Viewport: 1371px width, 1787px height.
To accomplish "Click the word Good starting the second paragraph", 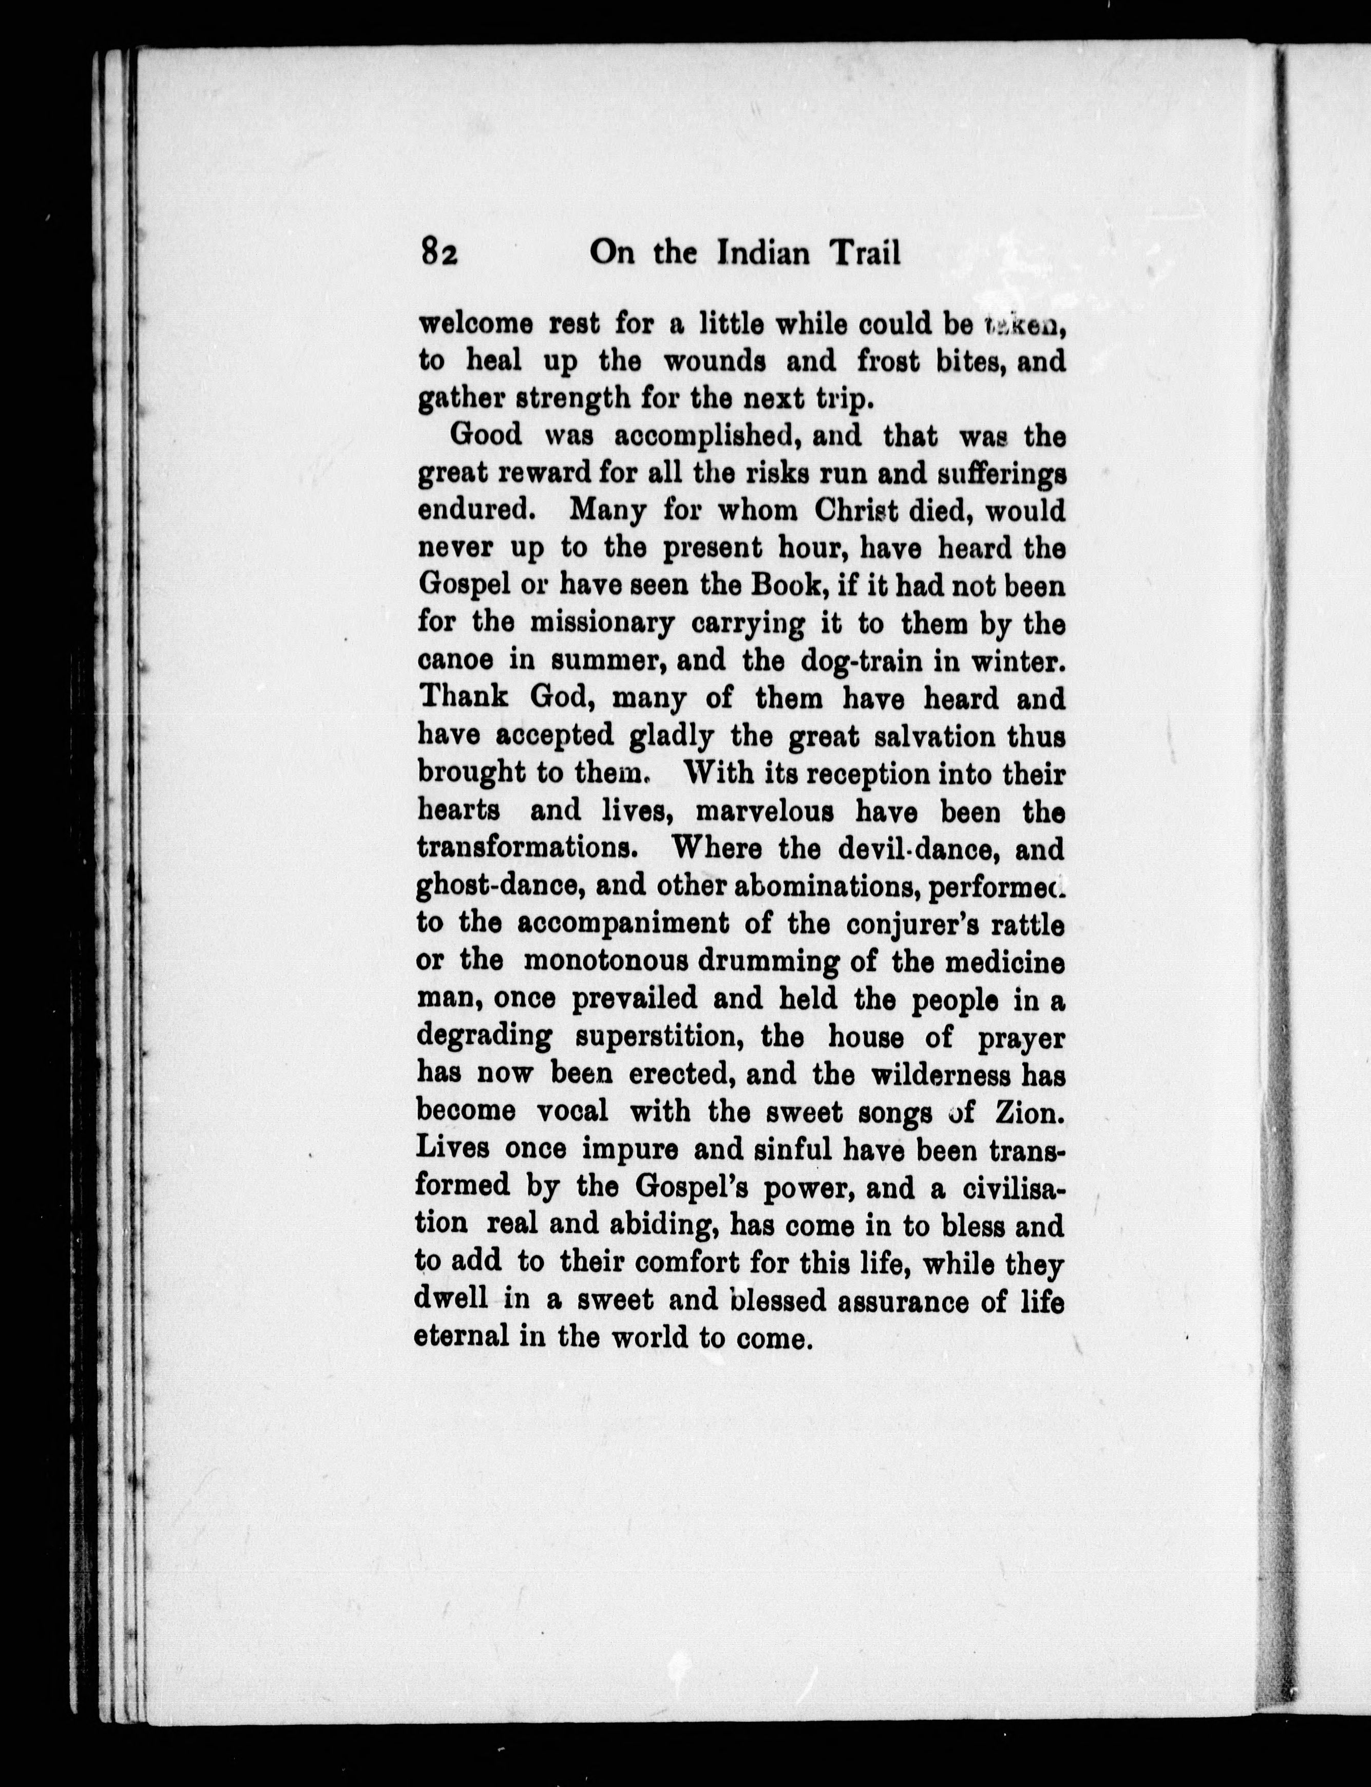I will click(x=486, y=435).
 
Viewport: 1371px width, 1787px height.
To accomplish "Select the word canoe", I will click(x=452, y=660).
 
